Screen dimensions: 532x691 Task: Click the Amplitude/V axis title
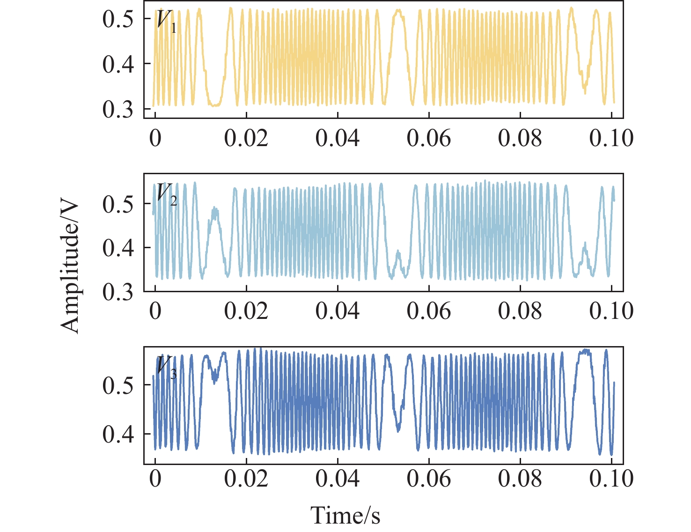71,267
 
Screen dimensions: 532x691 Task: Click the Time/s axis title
345,515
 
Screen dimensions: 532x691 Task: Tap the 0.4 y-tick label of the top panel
118,64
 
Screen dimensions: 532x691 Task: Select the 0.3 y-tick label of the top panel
118,110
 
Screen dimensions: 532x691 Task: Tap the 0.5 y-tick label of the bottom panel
118,385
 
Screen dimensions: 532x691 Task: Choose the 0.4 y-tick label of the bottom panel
118,434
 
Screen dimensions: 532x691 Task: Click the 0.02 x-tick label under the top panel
246,138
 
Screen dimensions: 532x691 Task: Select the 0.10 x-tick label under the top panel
611,138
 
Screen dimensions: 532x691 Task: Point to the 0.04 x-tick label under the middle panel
338,311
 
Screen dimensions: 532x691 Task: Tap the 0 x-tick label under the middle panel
155,311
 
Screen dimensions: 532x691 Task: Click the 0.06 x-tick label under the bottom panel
429,479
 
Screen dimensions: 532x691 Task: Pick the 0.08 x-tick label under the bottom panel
520,479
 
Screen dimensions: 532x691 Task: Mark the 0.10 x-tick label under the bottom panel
611,479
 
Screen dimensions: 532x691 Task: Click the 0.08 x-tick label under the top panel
520,138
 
